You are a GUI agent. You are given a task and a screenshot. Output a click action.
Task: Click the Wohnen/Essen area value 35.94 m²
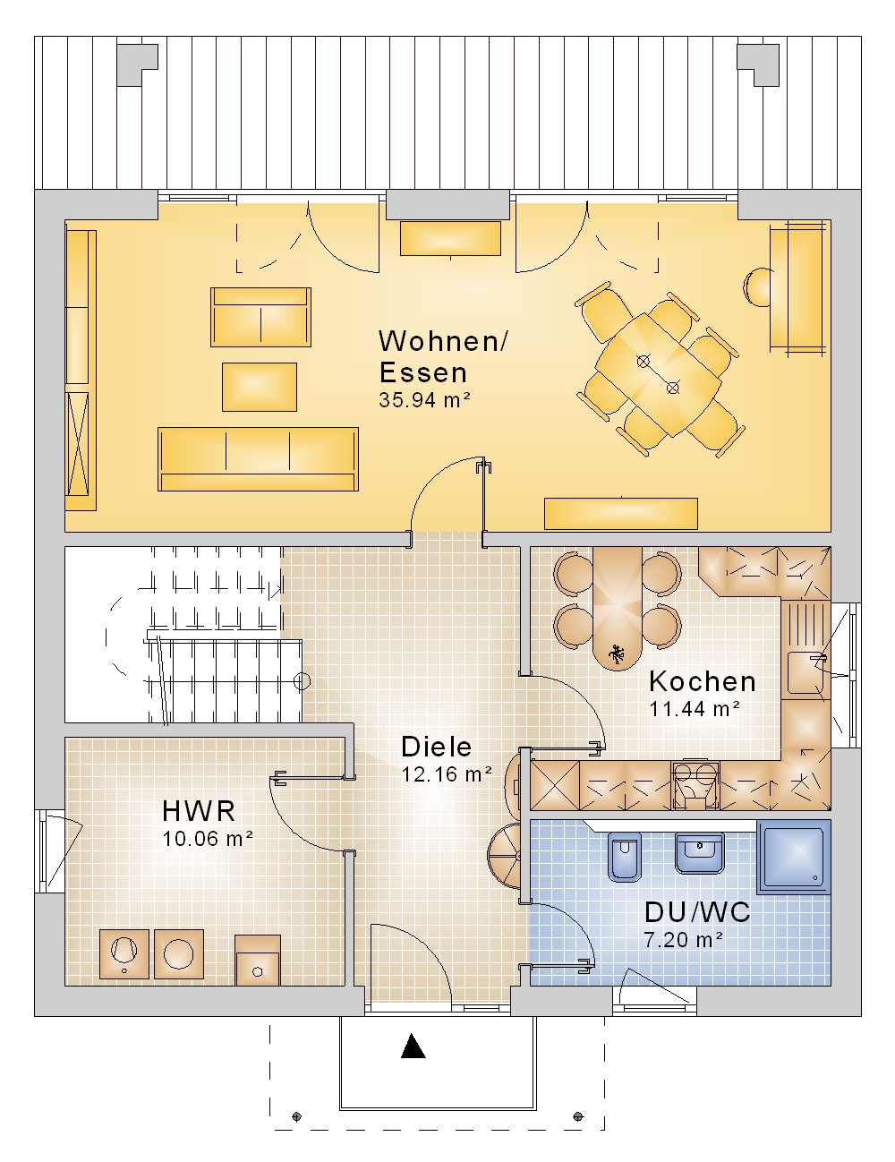pyautogui.click(x=424, y=400)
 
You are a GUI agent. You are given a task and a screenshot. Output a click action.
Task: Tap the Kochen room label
pyautogui.click(x=703, y=682)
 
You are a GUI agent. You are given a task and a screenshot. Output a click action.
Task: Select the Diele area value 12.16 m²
pyautogui.click(x=447, y=774)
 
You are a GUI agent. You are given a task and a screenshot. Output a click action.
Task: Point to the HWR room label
pyautogui.click(x=199, y=811)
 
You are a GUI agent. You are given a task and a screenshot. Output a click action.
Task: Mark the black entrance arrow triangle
pyautogui.click(x=413, y=1046)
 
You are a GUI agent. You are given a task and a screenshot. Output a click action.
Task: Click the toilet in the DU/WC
pyautogui.click(x=625, y=856)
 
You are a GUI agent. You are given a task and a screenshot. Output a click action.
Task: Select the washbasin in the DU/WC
pyautogui.click(x=699, y=852)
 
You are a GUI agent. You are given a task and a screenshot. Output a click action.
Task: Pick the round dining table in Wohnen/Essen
pyautogui.click(x=658, y=375)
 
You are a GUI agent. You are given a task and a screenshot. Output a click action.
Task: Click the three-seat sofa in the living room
pyautogui.click(x=259, y=459)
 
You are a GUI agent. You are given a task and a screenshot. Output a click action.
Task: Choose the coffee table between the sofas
pyautogui.click(x=260, y=387)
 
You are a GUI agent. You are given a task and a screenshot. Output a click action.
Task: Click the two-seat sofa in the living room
pyautogui.click(x=261, y=317)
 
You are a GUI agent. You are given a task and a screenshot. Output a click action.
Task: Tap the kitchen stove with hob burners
pyautogui.click(x=695, y=784)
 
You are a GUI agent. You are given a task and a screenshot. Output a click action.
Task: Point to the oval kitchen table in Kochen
pyautogui.click(x=618, y=609)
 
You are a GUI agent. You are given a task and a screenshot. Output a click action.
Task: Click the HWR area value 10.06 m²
pyautogui.click(x=208, y=839)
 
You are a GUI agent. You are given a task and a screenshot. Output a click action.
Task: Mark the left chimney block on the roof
pyautogui.click(x=138, y=64)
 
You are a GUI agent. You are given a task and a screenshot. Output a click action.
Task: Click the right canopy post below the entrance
pyautogui.click(x=578, y=1116)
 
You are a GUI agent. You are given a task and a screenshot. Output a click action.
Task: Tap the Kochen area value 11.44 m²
pyautogui.click(x=695, y=709)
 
